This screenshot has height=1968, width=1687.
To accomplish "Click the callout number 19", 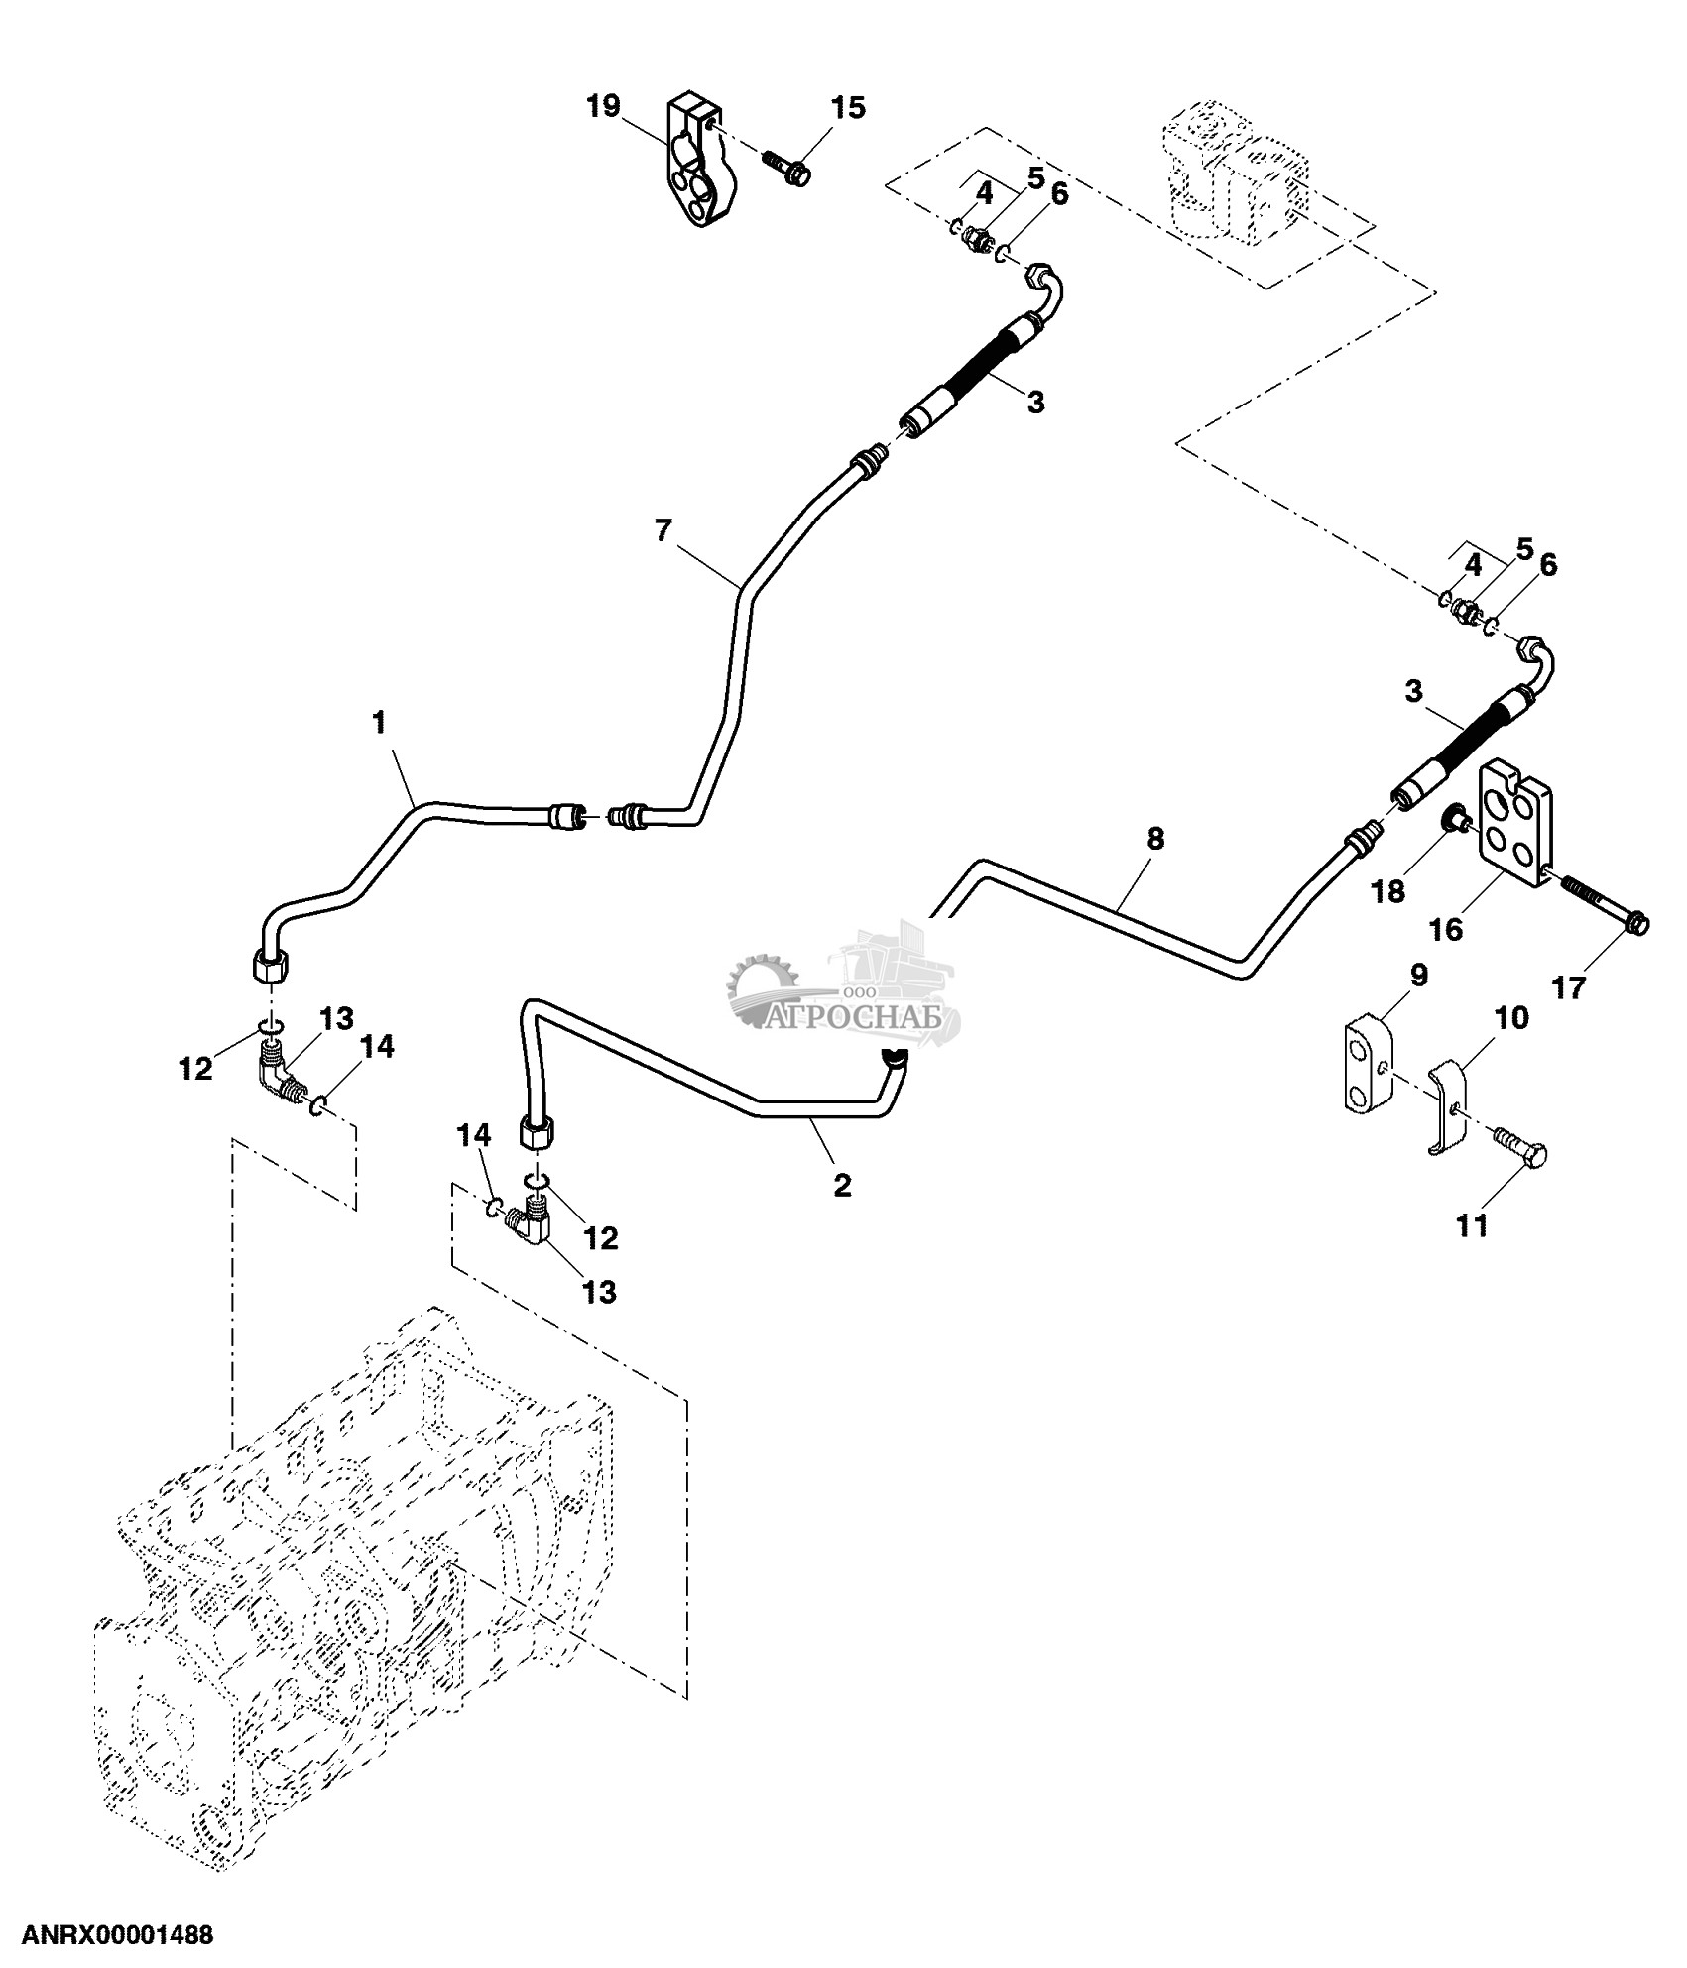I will coord(602,106).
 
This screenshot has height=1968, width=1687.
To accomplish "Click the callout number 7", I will coord(663,531).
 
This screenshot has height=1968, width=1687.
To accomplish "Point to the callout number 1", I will coord(379,722).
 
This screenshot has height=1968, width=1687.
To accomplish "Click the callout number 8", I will coord(1155,839).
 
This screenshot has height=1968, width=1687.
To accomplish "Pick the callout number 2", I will coord(842,1185).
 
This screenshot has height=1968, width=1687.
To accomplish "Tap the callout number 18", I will coord(1388,891).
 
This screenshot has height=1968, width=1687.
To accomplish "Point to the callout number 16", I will coord(1446,929).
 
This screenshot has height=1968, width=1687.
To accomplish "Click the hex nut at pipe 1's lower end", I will coord(269,965).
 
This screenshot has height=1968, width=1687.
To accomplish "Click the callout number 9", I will coord(1418,976).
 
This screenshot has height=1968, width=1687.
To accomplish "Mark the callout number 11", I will coord(1472,1226).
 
